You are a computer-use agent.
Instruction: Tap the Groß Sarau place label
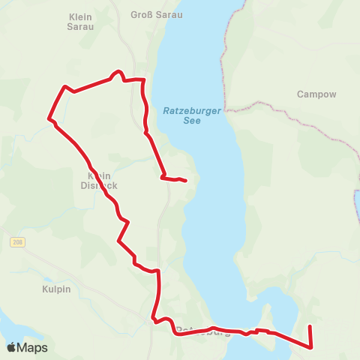click(x=156, y=14)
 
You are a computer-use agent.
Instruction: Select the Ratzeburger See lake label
click(x=192, y=115)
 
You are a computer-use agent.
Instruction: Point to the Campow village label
click(x=316, y=94)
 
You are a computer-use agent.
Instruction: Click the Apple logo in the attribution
click(x=11, y=347)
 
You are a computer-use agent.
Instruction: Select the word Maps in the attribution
click(x=33, y=347)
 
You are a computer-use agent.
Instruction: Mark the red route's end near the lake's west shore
click(x=185, y=180)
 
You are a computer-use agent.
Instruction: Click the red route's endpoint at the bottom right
click(x=310, y=325)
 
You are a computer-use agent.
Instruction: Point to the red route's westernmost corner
click(x=49, y=118)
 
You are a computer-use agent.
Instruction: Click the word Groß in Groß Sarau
click(x=142, y=14)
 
